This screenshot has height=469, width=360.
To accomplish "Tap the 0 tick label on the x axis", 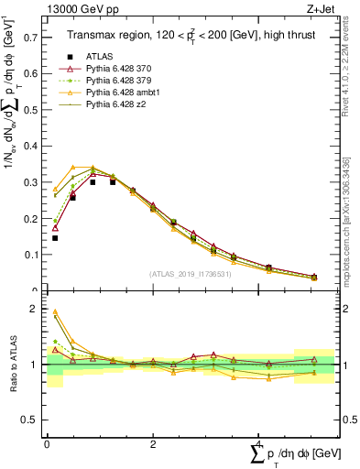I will tap(48, 443).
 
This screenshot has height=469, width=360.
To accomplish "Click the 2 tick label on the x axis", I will tap(152, 443).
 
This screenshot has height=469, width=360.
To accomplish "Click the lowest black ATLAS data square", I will tap(55, 238).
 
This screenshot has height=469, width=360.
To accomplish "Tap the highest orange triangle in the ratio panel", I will tap(55, 311).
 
